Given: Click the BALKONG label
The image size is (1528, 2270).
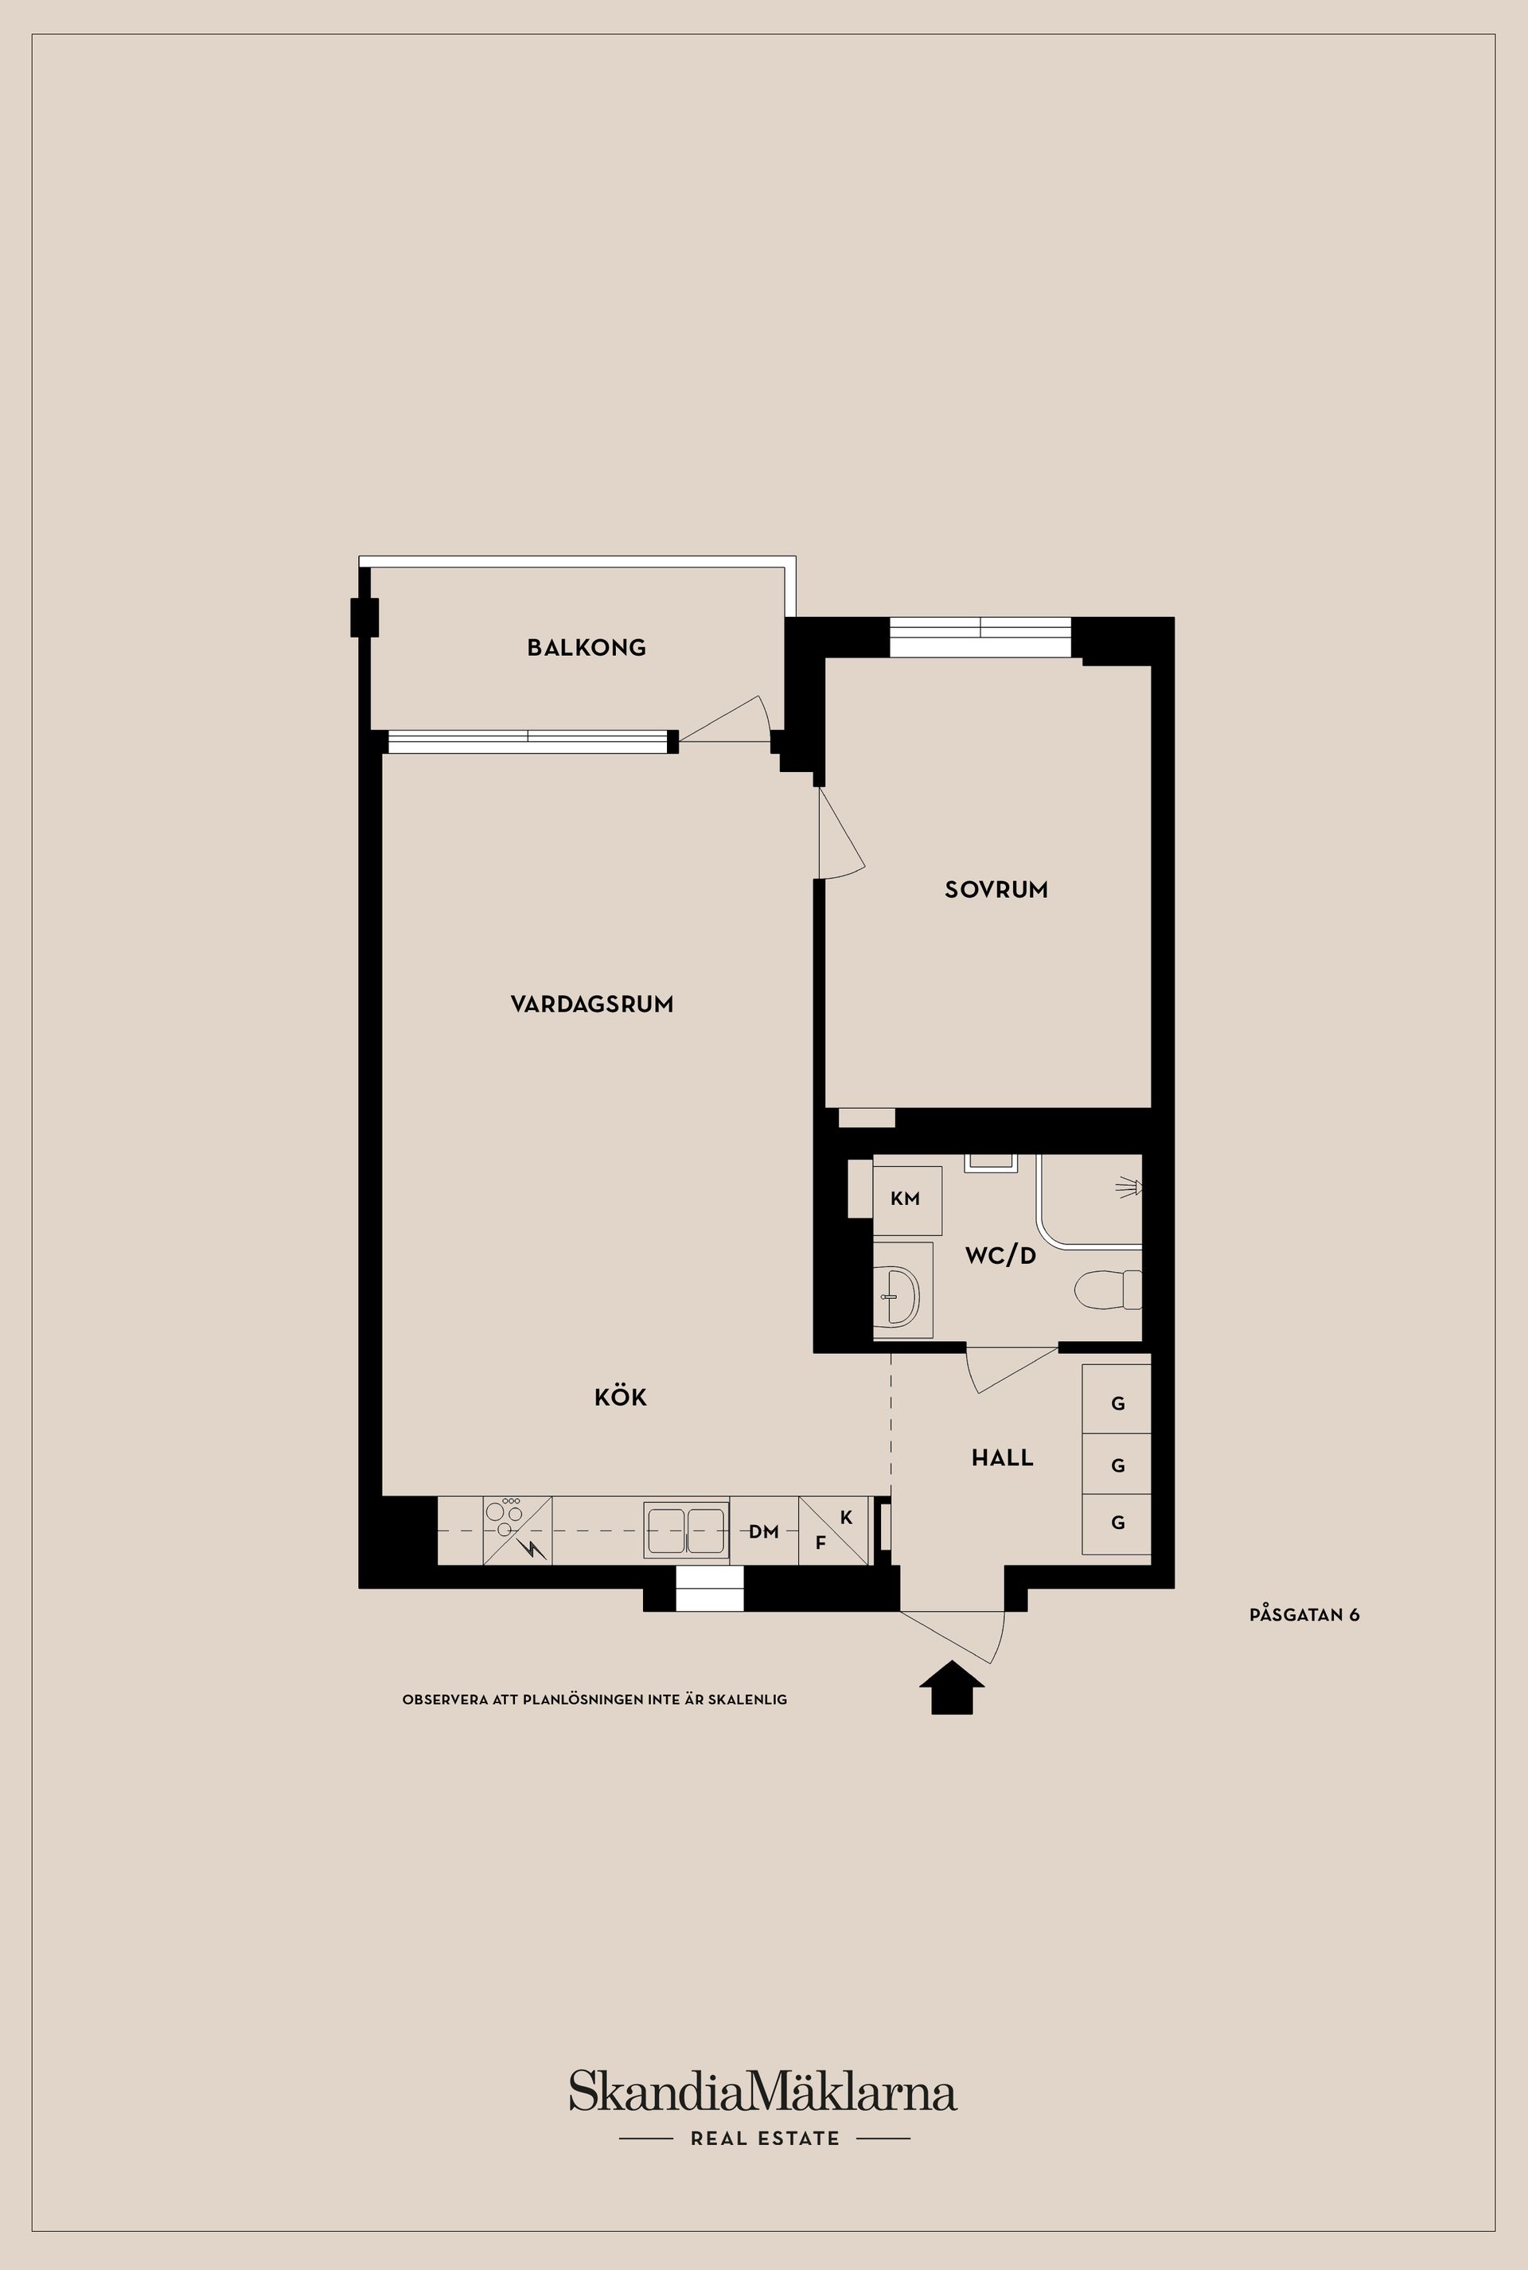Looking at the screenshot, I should [x=586, y=647].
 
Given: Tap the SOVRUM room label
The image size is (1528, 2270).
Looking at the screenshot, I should [x=996, y=889].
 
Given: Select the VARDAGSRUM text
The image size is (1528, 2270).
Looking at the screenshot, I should [x=591, y=1004].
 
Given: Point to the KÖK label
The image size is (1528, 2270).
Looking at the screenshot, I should [x=621, y=1398].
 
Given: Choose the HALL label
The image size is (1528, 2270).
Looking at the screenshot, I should [x=1002, y=1458].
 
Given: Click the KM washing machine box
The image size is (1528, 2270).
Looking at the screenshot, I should [x=906, y=1199].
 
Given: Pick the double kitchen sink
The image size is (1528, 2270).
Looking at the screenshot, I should [x=686, y=1531].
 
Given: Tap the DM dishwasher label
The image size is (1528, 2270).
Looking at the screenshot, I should [x=764, y=1532].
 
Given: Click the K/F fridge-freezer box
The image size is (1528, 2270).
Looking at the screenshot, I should [x=833, y=1531].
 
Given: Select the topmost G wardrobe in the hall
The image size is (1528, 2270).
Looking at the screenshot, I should [x=1117, y=1403].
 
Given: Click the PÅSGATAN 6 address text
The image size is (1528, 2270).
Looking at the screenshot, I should [x=1304, y=1614].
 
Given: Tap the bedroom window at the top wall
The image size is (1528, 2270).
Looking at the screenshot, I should [x=980, y=638].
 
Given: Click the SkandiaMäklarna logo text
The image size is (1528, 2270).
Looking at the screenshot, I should [x=763, y=2092].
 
